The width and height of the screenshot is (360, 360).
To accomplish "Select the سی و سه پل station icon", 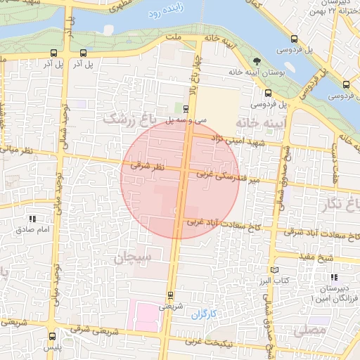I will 186,109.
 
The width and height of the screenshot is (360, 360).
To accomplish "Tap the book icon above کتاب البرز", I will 274,270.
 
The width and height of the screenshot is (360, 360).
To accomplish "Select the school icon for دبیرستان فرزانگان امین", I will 333,278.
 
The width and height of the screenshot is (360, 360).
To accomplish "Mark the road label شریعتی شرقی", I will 84,328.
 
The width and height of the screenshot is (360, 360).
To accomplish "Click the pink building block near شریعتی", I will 148,316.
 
